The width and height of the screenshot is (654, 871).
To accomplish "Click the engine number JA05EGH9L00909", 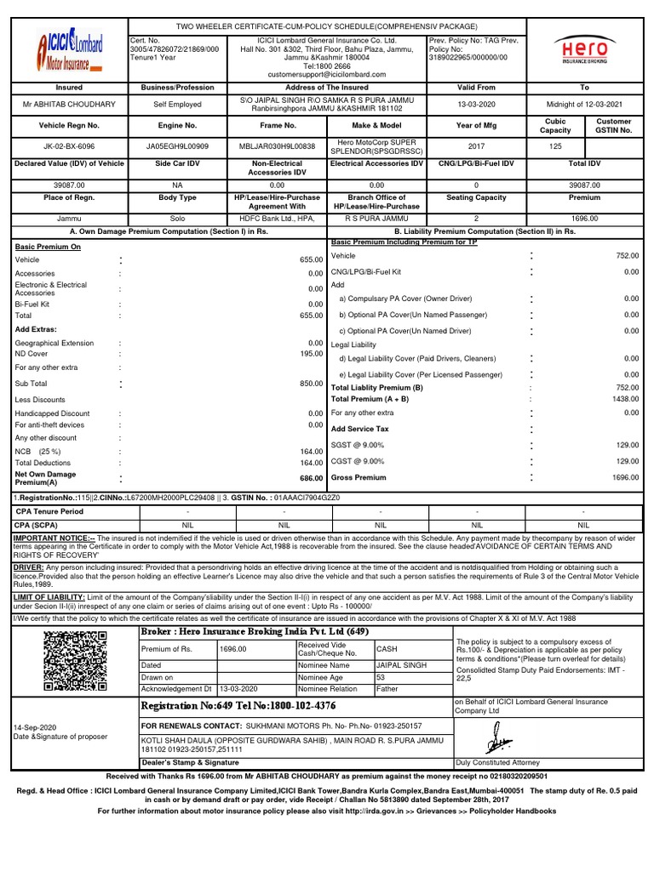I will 177,145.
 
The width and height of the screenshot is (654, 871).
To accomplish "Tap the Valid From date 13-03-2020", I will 478,105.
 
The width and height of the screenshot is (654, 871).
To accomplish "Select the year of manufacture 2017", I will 478,145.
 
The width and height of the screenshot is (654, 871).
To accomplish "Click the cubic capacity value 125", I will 556,145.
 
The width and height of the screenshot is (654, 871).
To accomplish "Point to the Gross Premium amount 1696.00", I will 625,478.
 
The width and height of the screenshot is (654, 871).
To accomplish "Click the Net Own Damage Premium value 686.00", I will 311,479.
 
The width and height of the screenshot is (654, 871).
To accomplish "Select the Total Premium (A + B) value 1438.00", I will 625,399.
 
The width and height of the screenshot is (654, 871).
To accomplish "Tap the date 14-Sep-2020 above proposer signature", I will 35,728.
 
